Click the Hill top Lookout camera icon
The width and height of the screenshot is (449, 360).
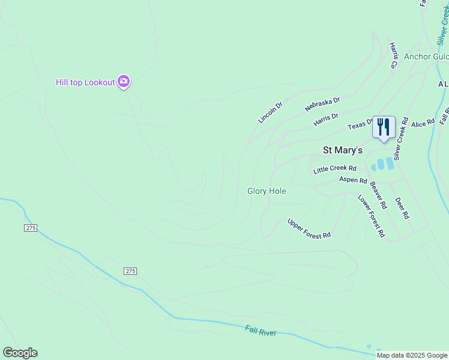coord(124,82)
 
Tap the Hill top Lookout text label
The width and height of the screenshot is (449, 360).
coord(85,82)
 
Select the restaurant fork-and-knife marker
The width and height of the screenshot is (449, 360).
coord(384,127)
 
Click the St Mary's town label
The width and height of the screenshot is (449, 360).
coord(343,150)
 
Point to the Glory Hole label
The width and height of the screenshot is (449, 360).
coord(267,191)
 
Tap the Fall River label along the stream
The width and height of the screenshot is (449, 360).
coord(261,331)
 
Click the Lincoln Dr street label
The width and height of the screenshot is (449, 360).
coord(270,112)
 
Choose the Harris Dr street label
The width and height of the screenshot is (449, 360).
coord(326,120)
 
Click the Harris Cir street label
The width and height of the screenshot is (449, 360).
coord(394,55)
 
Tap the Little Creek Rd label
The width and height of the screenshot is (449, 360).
coord(335,169)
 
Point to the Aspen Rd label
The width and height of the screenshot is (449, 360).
coord(353,180)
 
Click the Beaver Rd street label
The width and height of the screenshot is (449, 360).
coord(378,196)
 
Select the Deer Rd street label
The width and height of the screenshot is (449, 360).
coord(402,208)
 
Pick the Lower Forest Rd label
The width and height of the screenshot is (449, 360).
coord(371,216)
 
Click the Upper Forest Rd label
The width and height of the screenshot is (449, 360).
coord(309,228)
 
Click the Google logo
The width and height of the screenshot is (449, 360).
coord(20,353)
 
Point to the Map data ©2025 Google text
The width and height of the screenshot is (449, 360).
coord(412,356)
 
